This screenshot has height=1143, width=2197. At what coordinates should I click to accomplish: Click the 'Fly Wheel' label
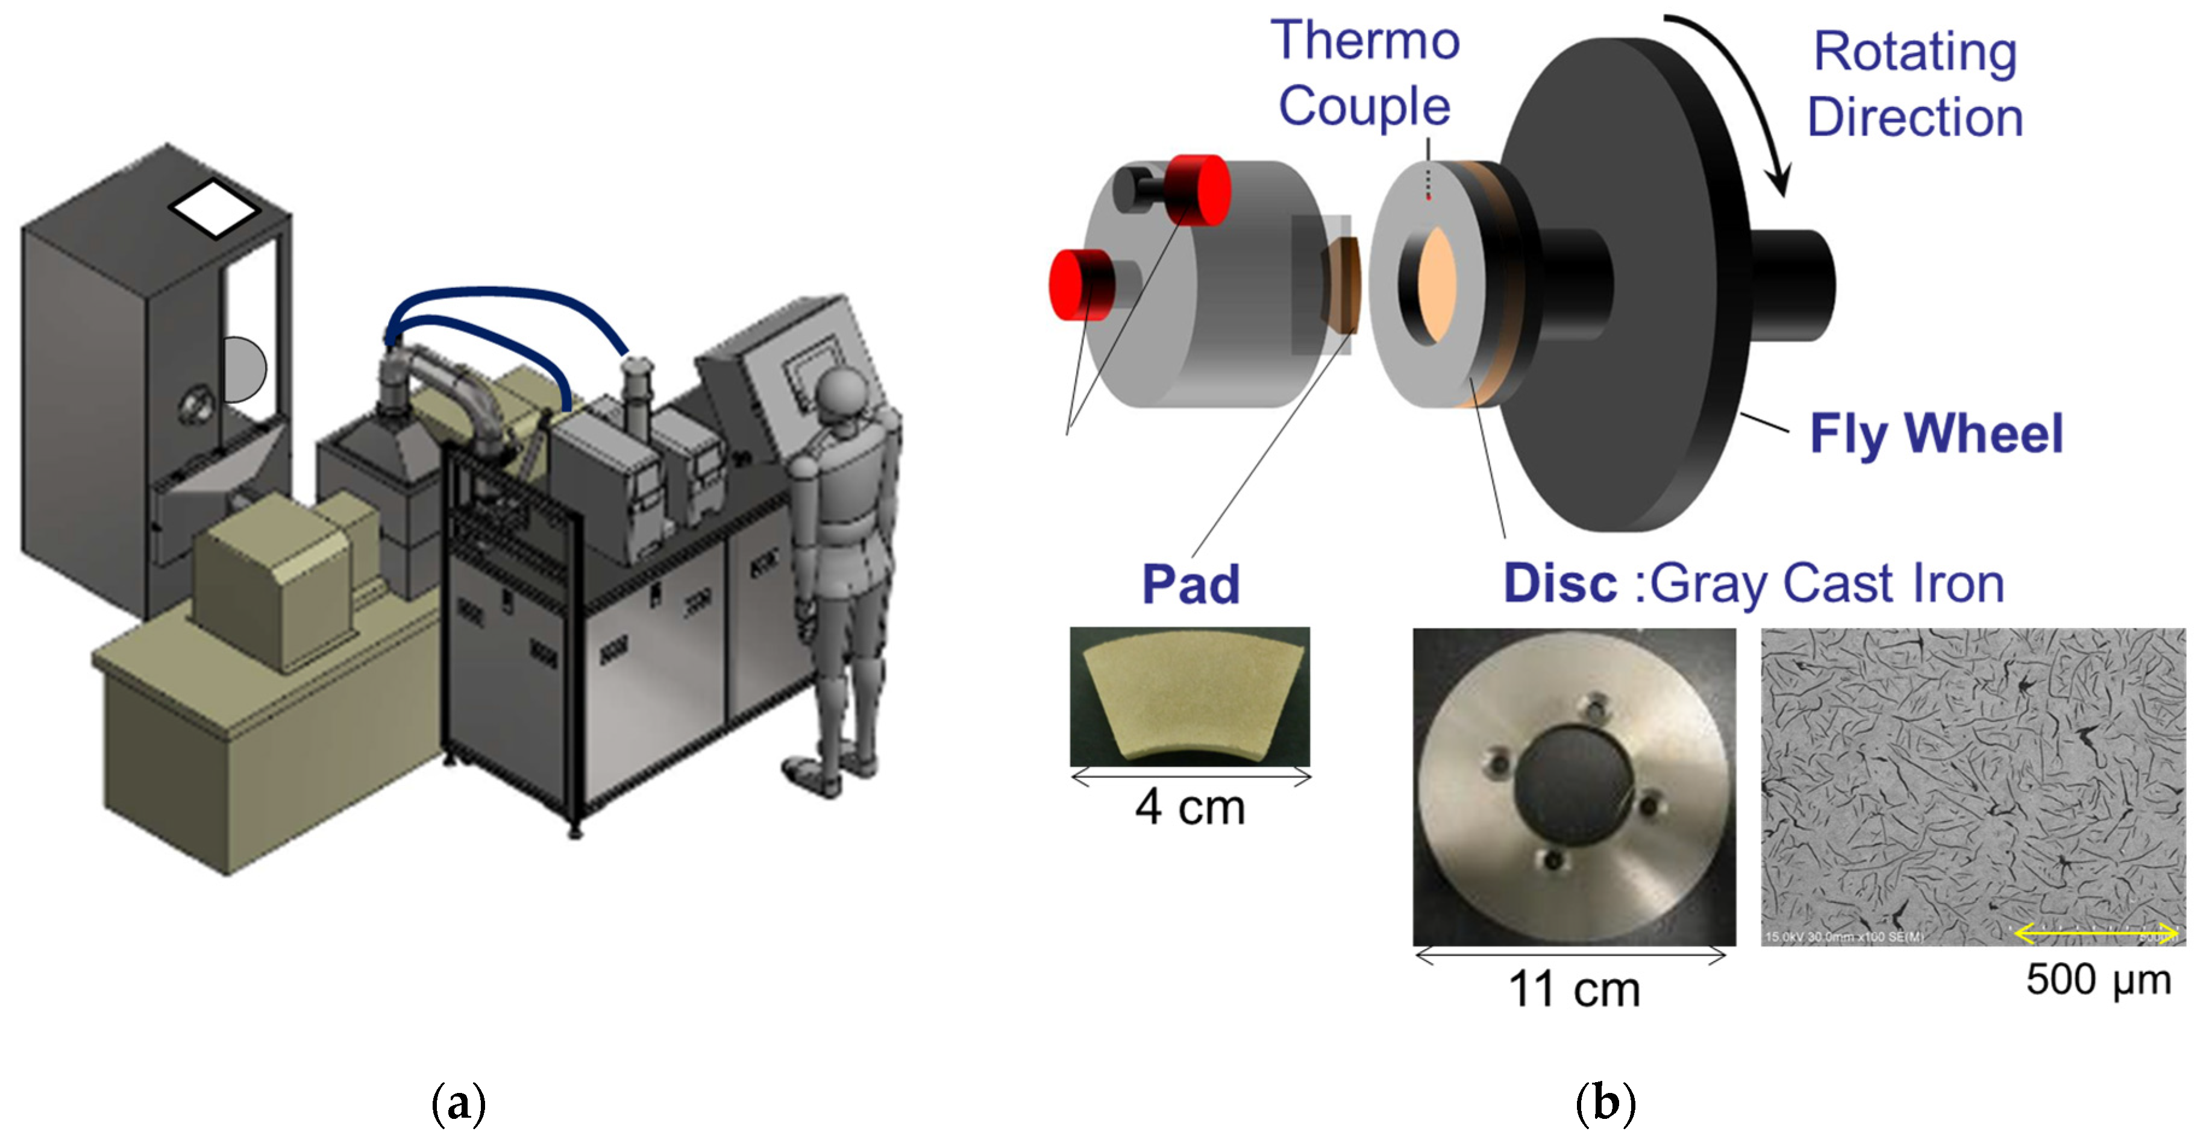click(x=1936, y=433)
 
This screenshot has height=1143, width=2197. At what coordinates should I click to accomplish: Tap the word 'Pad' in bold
click(x=1191, y=585)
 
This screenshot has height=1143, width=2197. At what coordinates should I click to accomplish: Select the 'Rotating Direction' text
click(x=1915, y=84)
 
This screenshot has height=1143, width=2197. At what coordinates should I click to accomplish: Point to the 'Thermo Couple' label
click(x=1365, y=74)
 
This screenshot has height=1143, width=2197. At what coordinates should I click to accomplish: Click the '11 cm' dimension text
click(x=1573, y=989)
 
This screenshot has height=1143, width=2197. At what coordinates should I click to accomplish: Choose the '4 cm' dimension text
click(x=1189, y=807)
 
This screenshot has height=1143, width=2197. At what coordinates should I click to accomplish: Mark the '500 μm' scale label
click(x=2098, y=979)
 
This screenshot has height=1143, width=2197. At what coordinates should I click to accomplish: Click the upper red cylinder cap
click(x=1201, y=189)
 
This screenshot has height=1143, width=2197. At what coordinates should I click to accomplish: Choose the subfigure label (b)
click(x=1605, y=1102)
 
